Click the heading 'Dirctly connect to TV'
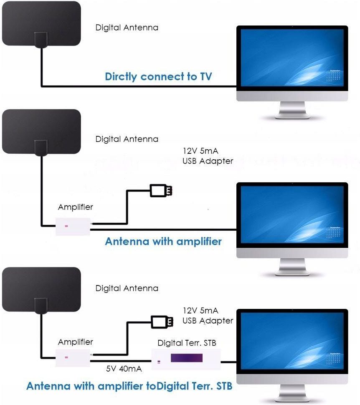coord(158,76)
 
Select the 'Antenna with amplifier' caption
coord(163,242)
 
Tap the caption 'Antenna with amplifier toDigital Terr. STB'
coord(129,386)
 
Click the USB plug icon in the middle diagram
coord(161,191)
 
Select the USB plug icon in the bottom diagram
coord(161,321)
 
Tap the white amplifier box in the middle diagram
coord(74,226)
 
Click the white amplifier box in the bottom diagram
coord(74,357)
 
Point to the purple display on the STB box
coord(186,358)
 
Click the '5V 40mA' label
coord(124,369)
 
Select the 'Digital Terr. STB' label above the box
coord(187,343)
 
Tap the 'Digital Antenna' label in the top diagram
coord(127,28)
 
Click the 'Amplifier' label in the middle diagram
coord(76,207)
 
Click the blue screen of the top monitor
coord(292,59)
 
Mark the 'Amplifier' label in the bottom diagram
coord(76,342)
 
